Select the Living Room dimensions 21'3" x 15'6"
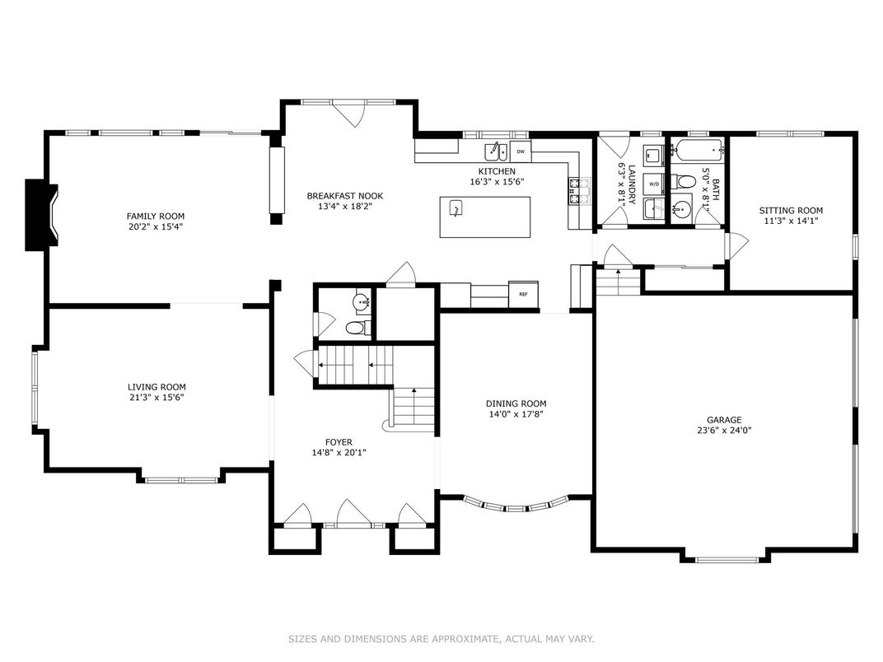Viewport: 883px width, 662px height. (156, 398)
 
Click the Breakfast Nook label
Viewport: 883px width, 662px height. (344, 196)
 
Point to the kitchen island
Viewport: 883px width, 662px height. (484, 217)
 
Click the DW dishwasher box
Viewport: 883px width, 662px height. (521, 152)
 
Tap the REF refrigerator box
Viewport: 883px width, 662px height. (522, 293)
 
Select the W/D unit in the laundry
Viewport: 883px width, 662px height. (655, 184)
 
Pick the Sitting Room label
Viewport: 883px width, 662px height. (791, 211)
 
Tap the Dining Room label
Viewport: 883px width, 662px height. (516, 403)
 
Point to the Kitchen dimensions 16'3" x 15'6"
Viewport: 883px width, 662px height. (497, 182)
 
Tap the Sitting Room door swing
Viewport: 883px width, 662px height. (736, 244)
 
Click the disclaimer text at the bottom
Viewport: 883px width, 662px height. (441, 639)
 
